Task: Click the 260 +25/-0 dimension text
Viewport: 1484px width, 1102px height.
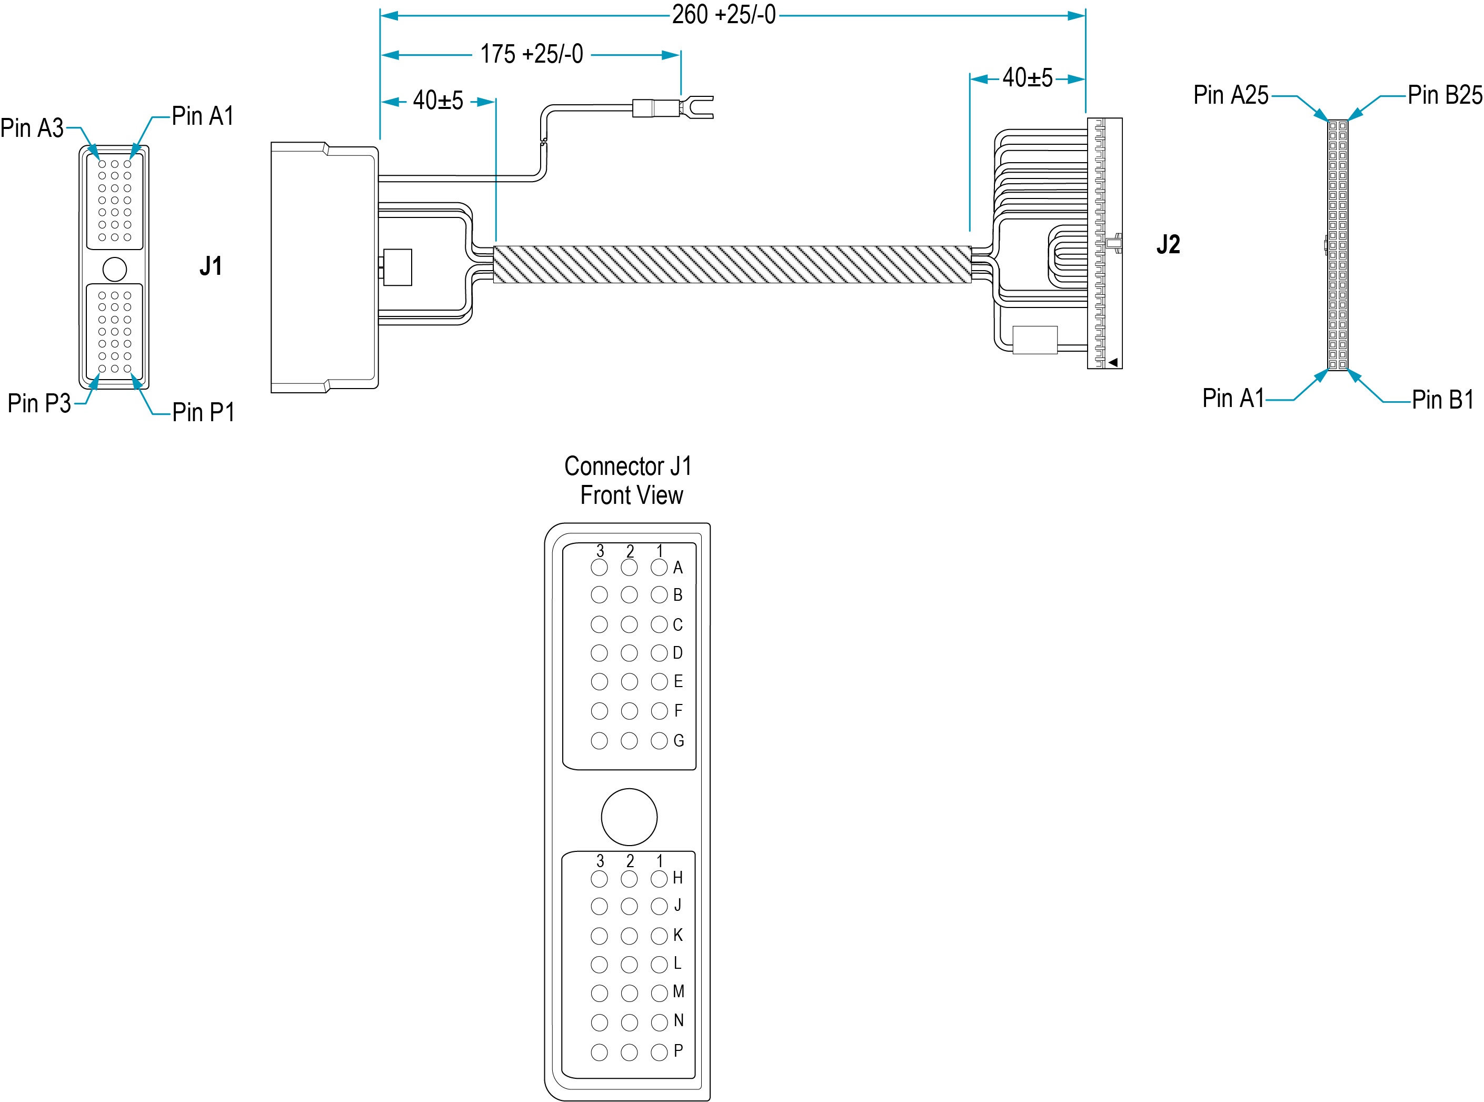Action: [x=724, y=15]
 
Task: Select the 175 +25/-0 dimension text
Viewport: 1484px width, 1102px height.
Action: [x=532, y=54]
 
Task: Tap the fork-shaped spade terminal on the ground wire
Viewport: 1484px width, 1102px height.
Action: [x=696, y=107]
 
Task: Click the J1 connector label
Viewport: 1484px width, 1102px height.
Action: [x=211, y=266]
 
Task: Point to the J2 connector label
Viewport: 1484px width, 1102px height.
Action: [x=1168, y=244]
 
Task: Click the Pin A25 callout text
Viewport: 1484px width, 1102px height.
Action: [x=1231, y=95]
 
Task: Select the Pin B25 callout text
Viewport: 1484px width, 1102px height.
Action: [x=1445, y=95]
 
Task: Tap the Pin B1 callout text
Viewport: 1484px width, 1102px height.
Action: [x=1442, y=400]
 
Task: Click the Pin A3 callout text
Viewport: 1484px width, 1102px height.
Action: [x=32, y=128]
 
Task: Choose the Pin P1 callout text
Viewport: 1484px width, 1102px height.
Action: [x=203, y=412]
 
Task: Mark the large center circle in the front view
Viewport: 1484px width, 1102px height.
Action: [x=629, y=817]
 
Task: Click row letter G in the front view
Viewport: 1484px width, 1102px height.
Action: [x=679, y=740]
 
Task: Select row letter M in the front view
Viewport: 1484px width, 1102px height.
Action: [x=679, y=992]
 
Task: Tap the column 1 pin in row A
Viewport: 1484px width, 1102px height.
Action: [x=659, y=568]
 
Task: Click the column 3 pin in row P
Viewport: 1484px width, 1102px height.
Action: [x=599, y=1053]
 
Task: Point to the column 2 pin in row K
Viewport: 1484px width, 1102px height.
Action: [x=629, y=936]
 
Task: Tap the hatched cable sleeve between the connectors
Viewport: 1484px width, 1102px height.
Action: [x=732, y=265]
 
